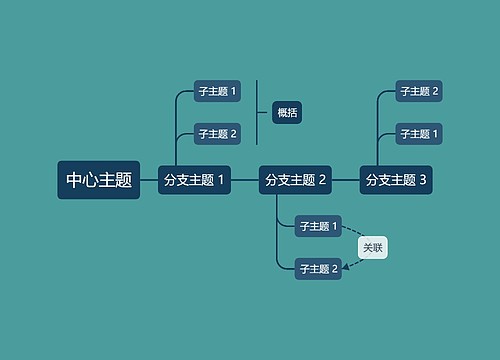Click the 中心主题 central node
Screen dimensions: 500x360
(x=99, y=180)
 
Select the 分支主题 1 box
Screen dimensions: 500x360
(x=194, y=180)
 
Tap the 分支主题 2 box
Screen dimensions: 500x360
(x=295, y=180)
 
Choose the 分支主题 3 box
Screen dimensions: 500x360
(x=396, y=180)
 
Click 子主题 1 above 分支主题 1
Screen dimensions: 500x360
(x=217, y=92)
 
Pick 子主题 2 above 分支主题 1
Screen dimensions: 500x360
(x=217, y=133)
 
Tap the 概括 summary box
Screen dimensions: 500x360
(x=287, y=112)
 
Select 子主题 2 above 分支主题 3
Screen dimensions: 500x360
(x=419, y=92)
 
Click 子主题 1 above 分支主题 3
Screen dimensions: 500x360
(x=419, y=133)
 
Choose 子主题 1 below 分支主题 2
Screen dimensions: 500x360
(x=319, y=226)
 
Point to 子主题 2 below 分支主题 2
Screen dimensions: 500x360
(x=319, y=267)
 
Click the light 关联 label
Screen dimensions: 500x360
(x=372, y=247)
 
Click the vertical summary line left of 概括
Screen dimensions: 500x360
(x=257, y=112)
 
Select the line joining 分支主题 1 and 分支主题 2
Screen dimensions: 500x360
(x=244, y=180)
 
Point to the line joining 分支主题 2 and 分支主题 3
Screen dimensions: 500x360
(x=346, y=180)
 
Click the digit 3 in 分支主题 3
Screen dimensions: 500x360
(x=423, y=180)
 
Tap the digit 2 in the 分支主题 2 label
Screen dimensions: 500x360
(x=322, y=180)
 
